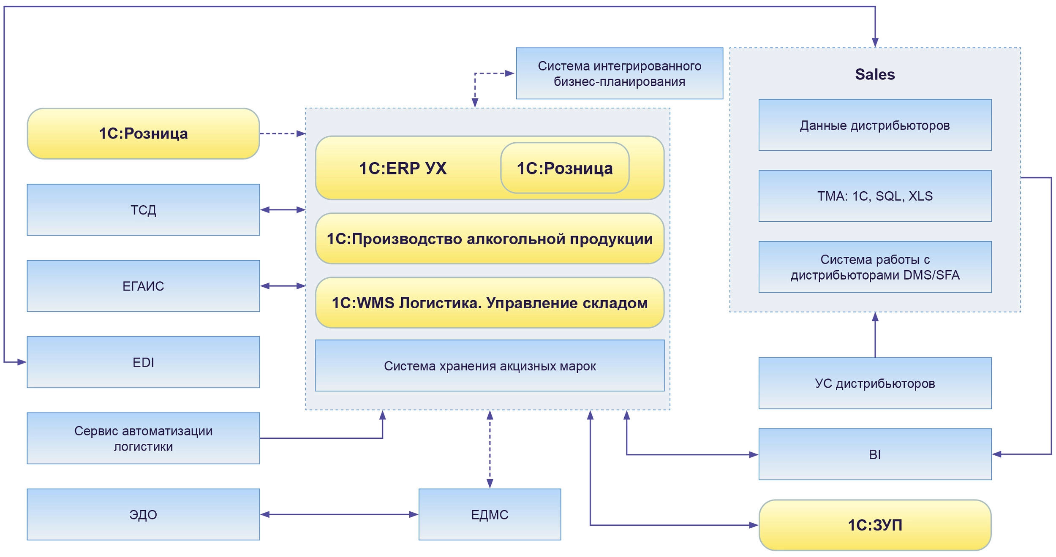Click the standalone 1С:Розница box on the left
click(x=143, y=133)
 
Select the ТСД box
click(x=143, y=210)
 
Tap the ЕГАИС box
click(x=143, y=286)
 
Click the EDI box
click(x=143, y=362)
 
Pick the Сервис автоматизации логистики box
click(x=143, y=438)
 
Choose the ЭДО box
click(x=143, y=514)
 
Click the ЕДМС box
click(x=490, y=514)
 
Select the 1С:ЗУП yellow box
click(x=875, y=525)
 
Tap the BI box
click(x=875, y=454)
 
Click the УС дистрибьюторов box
click(x=875, y=383)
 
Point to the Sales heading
click(x=875, y=74)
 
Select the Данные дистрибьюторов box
click(x=875, y=125)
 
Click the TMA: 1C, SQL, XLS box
click(x=875, y=196)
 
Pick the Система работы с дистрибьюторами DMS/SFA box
click(x=875, y=267)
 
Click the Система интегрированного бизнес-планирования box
click(x=619, y=73)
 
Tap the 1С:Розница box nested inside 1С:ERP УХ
click(x=565, y=168)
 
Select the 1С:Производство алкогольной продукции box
click(x=490, y=239)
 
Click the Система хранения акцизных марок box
click(x=490, y=366)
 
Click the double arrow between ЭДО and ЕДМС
click(x=339, y=514)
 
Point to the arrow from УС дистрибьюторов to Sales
click(x=875, y=336)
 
